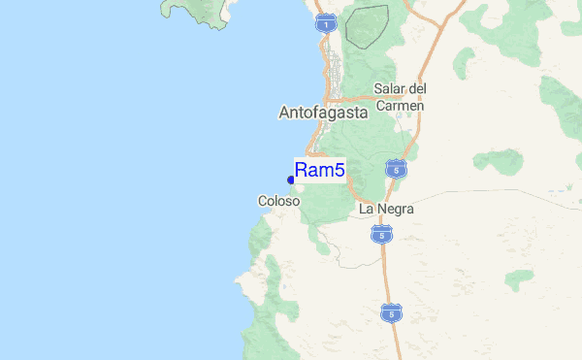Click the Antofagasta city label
[323, 113]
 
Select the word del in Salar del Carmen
[418, 89]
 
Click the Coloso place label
[278, 201]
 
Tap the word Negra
[389, 209]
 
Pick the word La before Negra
[366, 209]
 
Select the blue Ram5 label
[319, 171]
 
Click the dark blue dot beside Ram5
[291, 179]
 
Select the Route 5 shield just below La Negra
[382, 234]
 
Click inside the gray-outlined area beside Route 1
[367, 25]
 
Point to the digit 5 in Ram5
[339, 171]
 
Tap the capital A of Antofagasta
[284, 113]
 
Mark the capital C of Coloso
[263, 201]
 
